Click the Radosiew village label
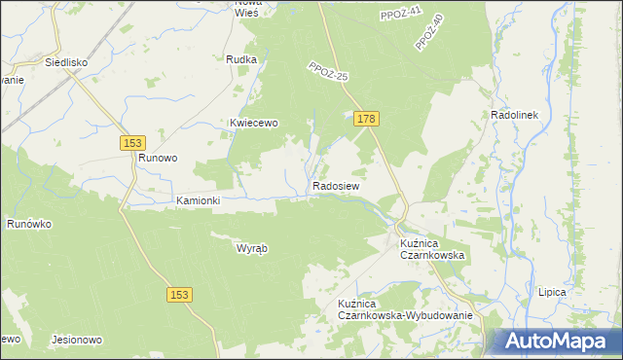(x=337, y=185)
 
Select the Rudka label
(x=240, y=59)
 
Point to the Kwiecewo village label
(x=254, y=123)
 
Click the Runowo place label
(x=157, y=157)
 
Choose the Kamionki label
(x=199, y=200)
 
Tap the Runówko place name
(x=29, y=224)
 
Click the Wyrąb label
(x=252, y=247)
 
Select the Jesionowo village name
(x=76, y=340)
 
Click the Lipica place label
(x=552, y=291)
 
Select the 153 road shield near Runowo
(x=134, y=142)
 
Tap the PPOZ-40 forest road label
(x=428, y=32)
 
